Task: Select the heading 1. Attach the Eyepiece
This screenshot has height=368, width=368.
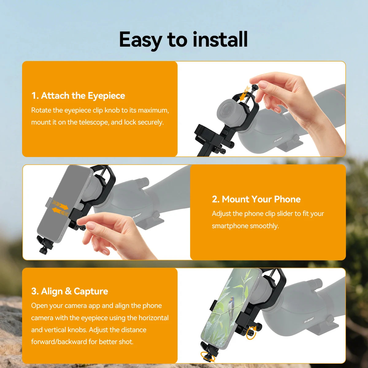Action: pos(78,96)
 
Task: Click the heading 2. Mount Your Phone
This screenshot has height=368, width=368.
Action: pos(256,199)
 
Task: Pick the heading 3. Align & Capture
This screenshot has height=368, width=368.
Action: pos(70,291)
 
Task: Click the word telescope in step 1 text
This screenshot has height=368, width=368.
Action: pos(94,122)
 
